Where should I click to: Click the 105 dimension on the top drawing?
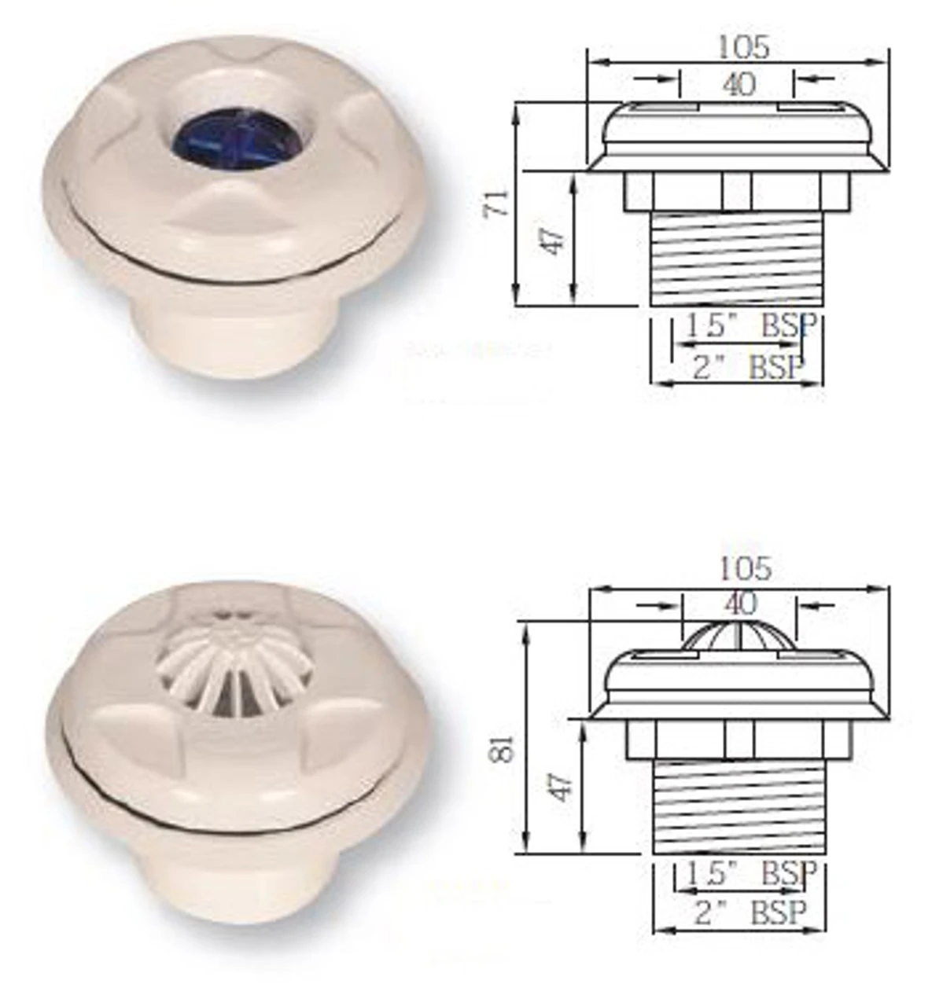point(742,48)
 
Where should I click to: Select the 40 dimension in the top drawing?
point(737,83)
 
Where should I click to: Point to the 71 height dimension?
point(501,203)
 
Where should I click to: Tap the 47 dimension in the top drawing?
point(556,240)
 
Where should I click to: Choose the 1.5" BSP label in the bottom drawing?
point(750,872)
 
